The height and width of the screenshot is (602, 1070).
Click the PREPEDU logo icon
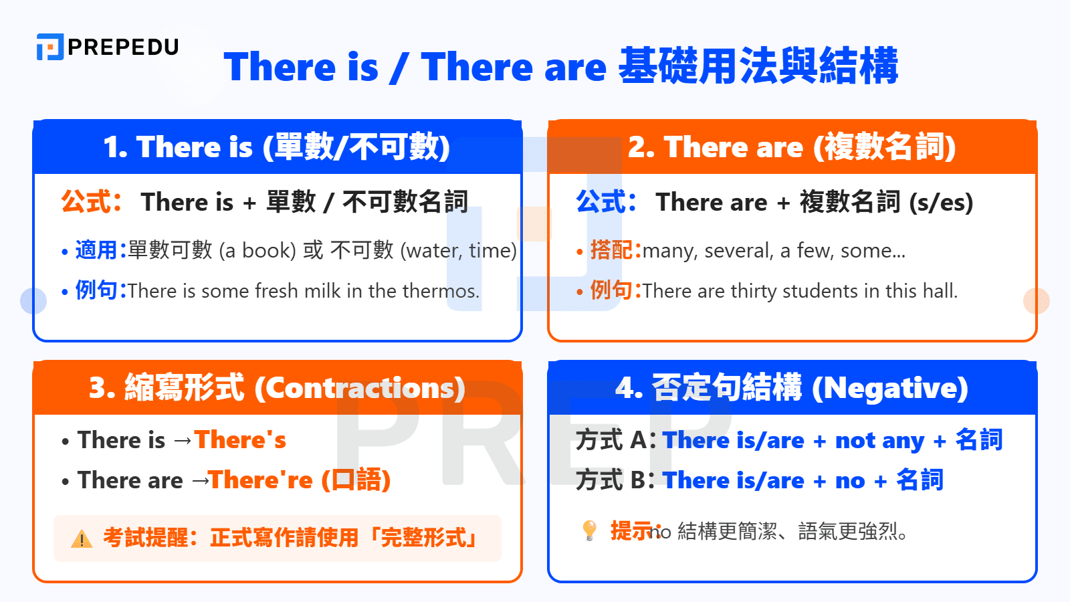[x=50, y=47]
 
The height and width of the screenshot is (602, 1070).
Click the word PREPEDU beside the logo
[x=123, y=47]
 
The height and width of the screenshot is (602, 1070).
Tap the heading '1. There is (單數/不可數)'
[x=277, y=147]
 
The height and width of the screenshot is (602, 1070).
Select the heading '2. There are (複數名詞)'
[x=792, y=147]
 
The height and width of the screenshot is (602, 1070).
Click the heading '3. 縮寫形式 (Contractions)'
[x=277, y=388]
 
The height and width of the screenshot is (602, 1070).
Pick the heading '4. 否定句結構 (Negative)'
[x=792, y=388]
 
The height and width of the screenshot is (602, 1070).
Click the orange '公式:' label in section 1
[x=91, y=201]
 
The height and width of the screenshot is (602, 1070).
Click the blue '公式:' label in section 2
[x=606, y=201]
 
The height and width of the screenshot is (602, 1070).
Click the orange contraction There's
[x=240, y=440]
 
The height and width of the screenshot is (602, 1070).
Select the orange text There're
[x=261, y=480]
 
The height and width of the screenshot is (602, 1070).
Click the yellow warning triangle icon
[x=82, y=538]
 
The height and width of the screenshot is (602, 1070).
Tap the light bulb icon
[x=589, y=530]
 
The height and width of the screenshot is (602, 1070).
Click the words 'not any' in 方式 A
[x=879, y=441]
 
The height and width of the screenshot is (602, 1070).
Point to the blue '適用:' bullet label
[x=100, y=250]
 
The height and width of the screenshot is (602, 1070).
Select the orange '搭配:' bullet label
[x=615, y=250]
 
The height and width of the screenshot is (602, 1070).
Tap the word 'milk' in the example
[x=322, y=291]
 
